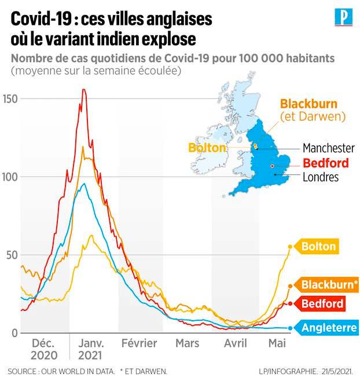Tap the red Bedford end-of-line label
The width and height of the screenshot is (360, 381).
(322, 303)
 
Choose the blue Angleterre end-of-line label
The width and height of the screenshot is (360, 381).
(329, 328)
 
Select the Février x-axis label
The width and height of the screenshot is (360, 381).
(139, 343)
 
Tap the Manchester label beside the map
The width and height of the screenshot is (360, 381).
(328, 148)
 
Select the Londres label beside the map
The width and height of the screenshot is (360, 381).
(321, 177)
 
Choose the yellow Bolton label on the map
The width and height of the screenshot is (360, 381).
(206, 148)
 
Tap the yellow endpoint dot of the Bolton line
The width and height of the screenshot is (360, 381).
(290, 247)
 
